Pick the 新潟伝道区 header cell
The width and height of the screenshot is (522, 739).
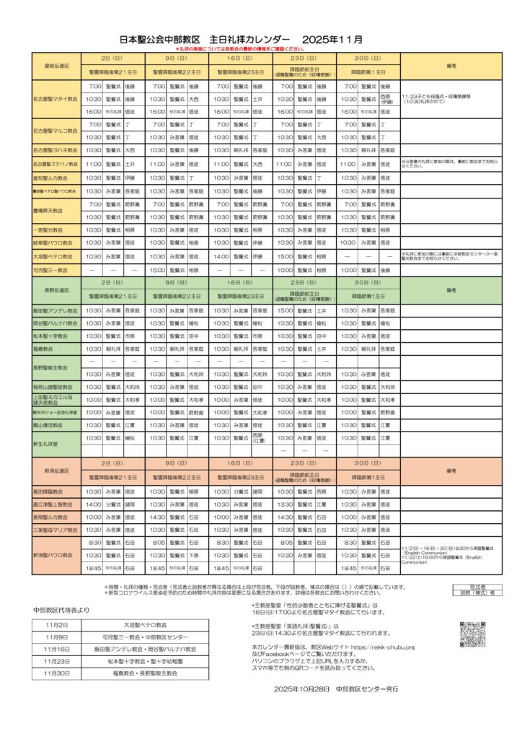(x=56, y=470)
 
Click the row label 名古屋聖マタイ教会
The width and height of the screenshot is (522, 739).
(x=56, y=99)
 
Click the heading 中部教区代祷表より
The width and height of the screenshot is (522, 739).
(x=61, y=610)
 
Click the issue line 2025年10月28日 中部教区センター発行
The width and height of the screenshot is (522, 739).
(x=335, y=689)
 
